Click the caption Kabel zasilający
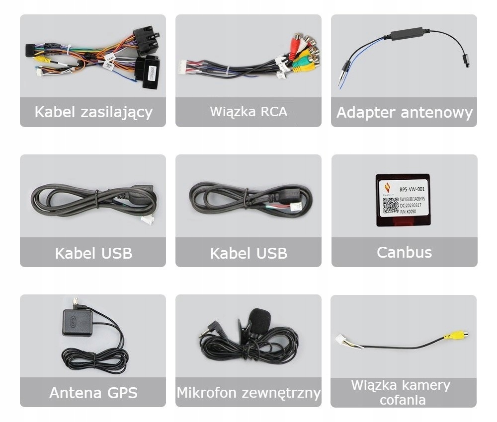point(93,112)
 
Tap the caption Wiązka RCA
point(248,111)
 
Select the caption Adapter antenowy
point(404,113)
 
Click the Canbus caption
point(404,252)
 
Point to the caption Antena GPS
point(93,393)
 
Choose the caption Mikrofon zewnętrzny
point(248,393)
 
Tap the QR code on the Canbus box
point(391,205)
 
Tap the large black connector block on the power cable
point(150,72)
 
